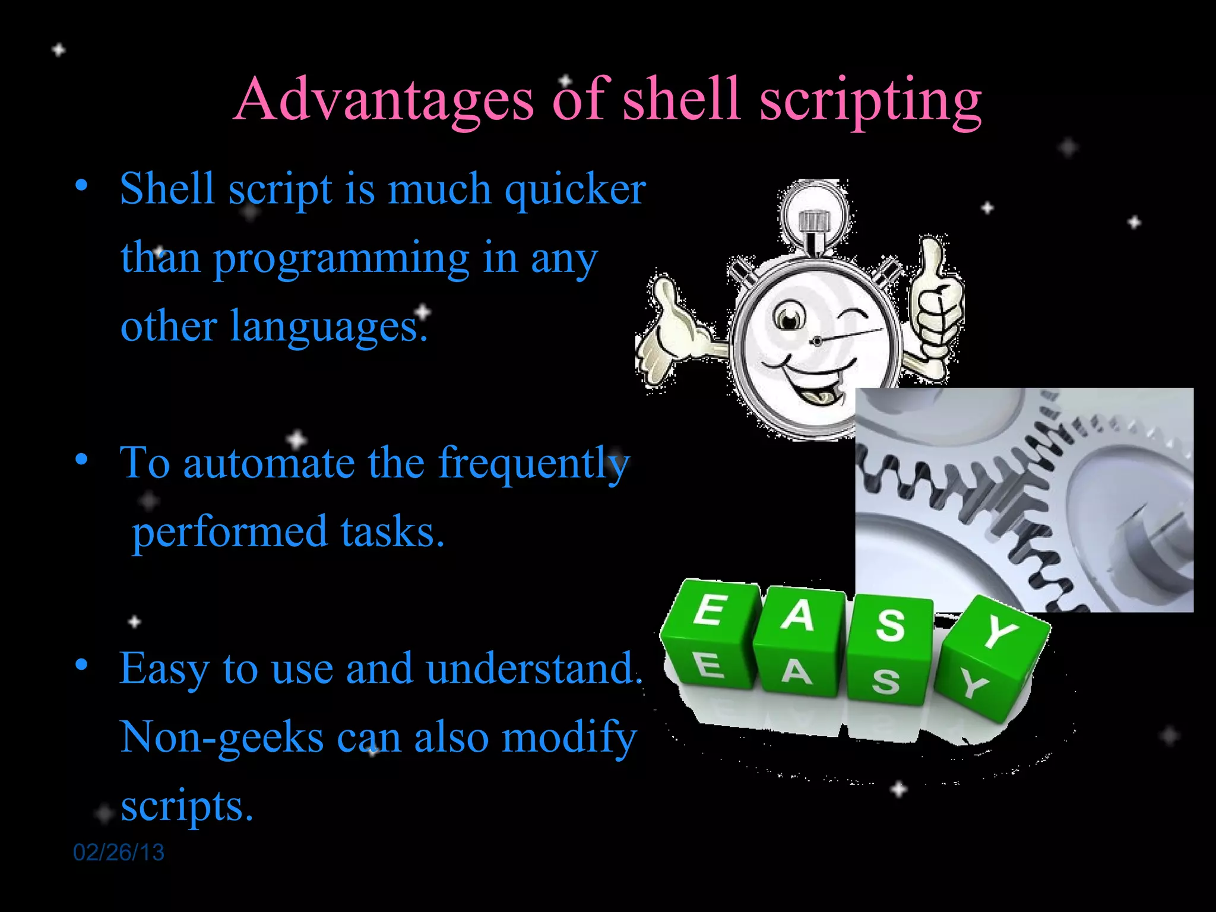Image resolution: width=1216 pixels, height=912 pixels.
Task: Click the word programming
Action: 341,259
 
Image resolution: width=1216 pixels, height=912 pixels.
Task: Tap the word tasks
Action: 392,532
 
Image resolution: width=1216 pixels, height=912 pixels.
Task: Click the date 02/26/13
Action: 118,853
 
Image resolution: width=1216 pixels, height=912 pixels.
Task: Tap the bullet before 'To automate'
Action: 82,459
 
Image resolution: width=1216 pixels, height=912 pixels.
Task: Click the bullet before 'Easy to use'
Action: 82,664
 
